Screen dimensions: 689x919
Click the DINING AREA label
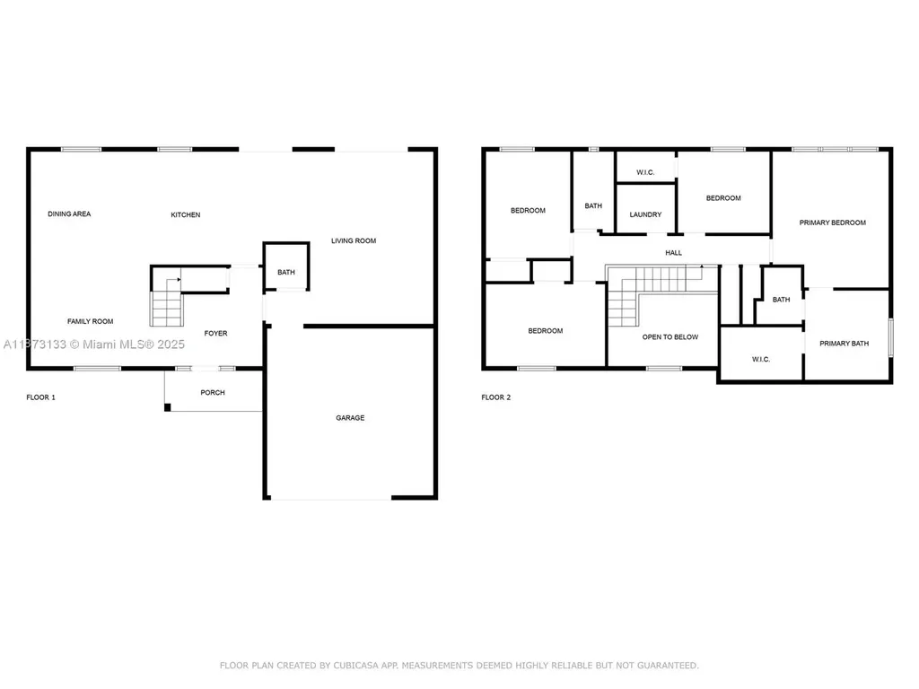tap(69, 214)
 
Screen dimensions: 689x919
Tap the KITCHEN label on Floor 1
tap(186, 214)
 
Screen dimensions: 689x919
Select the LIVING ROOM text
tap(354, 240)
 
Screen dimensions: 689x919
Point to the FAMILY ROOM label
tap(91, 321)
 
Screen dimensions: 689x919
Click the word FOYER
tap(215, 333)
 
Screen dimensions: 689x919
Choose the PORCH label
tap(213, 392)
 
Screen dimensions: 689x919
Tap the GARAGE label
tap(350, 417)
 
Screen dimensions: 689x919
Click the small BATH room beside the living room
tap(285, 272)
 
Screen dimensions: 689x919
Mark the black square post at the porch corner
tap(168, 407)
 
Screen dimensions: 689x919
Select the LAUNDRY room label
tap(645, 214)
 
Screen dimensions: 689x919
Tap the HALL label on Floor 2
tap(673, 253)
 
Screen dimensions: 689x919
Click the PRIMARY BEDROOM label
tap(833, 222)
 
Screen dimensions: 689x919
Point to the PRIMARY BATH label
tap(845, 343)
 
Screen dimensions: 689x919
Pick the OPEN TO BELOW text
tap(670, 336)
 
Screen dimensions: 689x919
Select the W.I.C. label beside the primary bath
tap(761, 359)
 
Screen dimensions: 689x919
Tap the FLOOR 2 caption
tap(496, 397)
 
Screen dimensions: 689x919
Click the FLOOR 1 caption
tap(40, 397)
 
